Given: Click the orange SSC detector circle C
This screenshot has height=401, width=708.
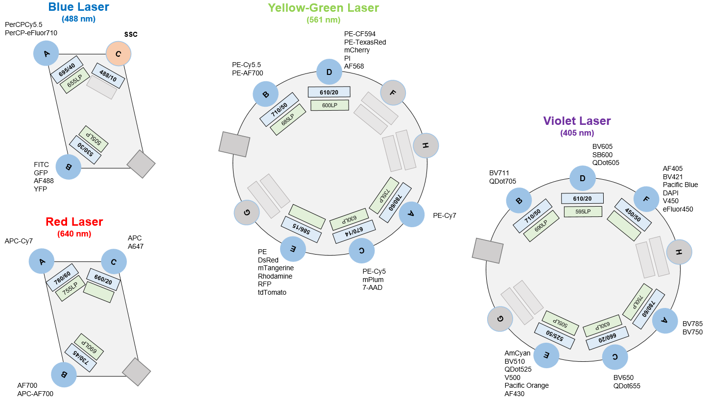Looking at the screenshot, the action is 118,54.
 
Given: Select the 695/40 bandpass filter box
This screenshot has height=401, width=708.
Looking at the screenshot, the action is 67,70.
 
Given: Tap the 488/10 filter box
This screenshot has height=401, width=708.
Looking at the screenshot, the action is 108,75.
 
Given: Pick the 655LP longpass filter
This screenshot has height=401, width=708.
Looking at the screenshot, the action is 74,81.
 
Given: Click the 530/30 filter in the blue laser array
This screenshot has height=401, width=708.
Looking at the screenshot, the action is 85,150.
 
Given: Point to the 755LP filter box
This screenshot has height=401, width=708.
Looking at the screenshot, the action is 70,288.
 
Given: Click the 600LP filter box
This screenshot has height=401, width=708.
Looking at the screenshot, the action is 330,105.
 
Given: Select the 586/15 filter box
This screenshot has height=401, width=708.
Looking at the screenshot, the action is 301,230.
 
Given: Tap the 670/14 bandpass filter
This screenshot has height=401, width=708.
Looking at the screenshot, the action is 354,232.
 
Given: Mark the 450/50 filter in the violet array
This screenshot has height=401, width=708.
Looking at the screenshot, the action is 633,215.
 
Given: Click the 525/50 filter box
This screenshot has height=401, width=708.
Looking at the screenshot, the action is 554,335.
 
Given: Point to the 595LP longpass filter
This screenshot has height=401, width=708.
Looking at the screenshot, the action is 583,212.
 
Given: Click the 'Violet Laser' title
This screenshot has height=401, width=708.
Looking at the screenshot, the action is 577,121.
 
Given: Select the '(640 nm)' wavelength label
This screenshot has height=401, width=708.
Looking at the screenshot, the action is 74,234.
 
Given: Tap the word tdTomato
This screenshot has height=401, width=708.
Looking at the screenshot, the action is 272,292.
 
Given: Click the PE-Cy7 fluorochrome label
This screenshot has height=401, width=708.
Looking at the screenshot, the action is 445,215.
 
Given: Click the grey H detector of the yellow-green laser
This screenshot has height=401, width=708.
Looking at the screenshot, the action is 426,145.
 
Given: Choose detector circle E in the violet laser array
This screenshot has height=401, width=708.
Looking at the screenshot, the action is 546,355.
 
